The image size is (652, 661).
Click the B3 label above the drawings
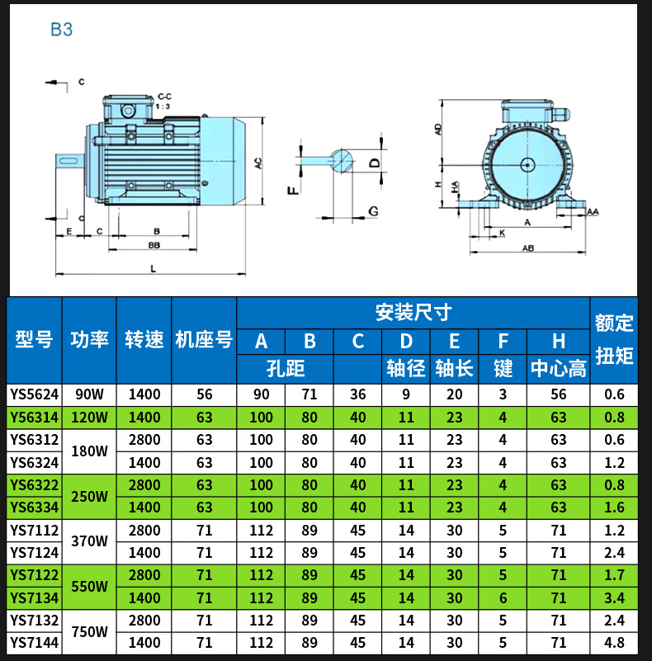62,30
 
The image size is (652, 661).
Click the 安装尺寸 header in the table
413,313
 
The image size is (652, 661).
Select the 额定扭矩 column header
614,339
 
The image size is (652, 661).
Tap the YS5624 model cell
34,394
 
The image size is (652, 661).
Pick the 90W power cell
89,394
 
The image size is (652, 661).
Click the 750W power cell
89,632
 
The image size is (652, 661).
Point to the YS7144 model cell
34,643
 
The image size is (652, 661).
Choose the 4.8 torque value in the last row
614,643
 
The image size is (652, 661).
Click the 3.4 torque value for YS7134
614,597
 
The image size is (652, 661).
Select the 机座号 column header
204,339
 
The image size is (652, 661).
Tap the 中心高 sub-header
559,368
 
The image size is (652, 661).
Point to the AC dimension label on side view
258,163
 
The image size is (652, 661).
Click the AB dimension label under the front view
528,248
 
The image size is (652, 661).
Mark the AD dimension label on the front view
439,129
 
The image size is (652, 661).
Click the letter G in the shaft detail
374,211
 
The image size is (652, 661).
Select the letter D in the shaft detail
374,163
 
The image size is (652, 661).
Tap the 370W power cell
89,541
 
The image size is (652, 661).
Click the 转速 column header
144,339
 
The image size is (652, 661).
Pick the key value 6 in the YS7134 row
503,597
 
